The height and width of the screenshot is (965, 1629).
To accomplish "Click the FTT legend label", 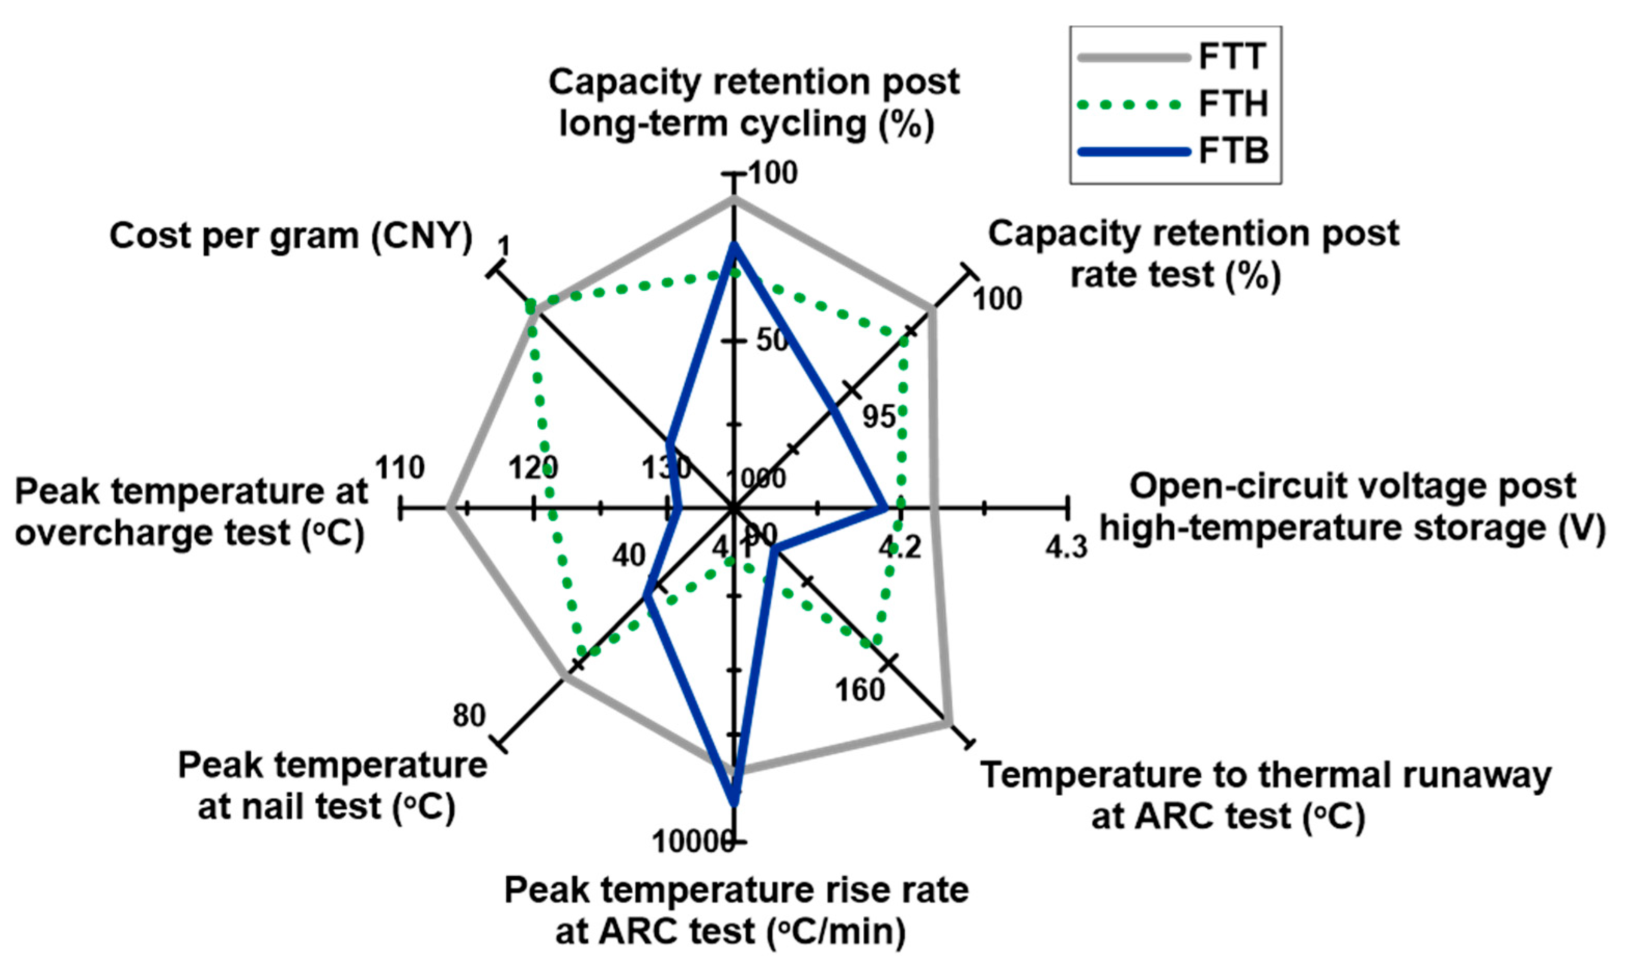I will pos(1232,56).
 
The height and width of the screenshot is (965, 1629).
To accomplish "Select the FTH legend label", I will pos(1233,104).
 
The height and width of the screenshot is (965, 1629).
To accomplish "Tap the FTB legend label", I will pos(1233,152).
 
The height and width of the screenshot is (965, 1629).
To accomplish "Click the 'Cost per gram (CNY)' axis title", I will pos(291,235).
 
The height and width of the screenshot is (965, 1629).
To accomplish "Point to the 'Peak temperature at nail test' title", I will pos(332,785).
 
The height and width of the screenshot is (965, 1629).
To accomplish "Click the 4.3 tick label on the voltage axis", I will pos(1066,547).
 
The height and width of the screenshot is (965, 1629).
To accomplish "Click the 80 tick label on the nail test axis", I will pos(469,715).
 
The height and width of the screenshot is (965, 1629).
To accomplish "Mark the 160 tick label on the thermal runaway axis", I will pos(860,690).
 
